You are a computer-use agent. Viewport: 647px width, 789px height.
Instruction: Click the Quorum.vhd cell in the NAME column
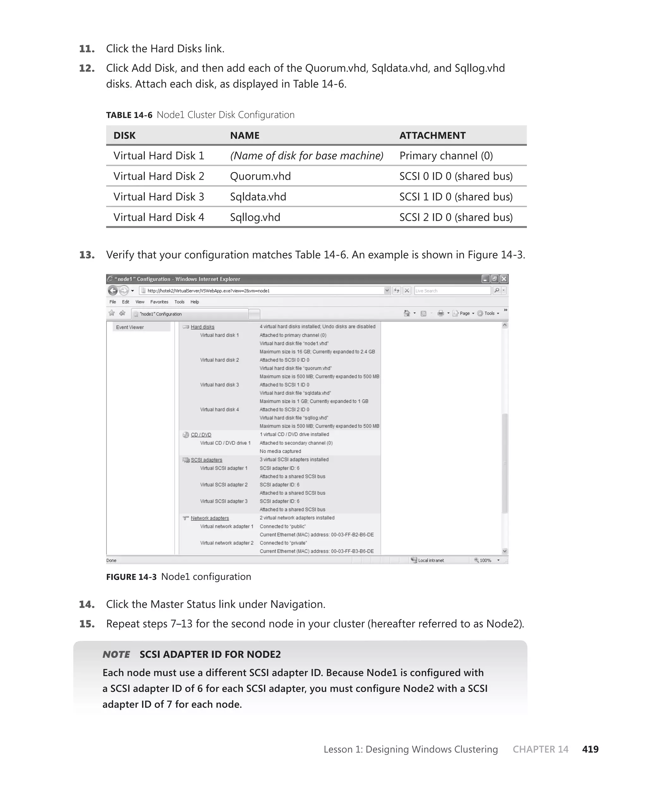260,176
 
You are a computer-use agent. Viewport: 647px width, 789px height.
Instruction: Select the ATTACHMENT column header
432,136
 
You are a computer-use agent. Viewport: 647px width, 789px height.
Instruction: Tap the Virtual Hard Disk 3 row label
159,197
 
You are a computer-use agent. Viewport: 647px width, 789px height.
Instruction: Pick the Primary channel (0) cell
446,156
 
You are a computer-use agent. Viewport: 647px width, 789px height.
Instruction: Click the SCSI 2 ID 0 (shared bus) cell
456,217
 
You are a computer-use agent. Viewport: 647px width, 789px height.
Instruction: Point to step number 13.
87,255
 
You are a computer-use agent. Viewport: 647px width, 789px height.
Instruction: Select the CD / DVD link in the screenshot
201,435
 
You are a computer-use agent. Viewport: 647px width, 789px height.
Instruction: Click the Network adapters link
209,518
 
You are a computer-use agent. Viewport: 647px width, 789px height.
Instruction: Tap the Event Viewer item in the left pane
130,328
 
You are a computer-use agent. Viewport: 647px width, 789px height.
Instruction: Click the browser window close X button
504,279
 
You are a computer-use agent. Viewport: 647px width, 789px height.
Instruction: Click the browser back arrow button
112,291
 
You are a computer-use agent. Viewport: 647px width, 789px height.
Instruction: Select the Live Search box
452,291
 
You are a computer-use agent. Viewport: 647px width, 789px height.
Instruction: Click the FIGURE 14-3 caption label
131,577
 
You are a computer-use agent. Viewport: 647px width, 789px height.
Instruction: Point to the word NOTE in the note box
116,654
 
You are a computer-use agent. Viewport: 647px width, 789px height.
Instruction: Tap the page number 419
590,749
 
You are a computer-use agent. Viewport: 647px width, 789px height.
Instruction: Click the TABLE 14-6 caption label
129,115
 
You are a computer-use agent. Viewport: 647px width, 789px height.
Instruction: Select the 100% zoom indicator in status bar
485,560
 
